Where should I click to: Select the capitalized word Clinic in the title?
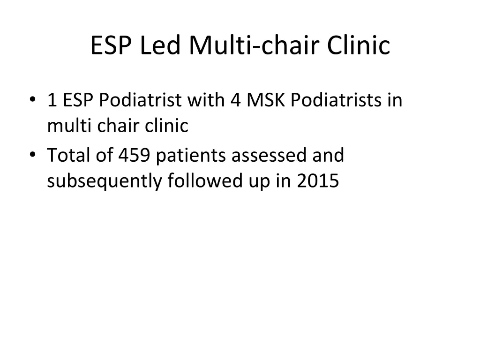pos(358,46)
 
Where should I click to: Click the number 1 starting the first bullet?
pos(51,100)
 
